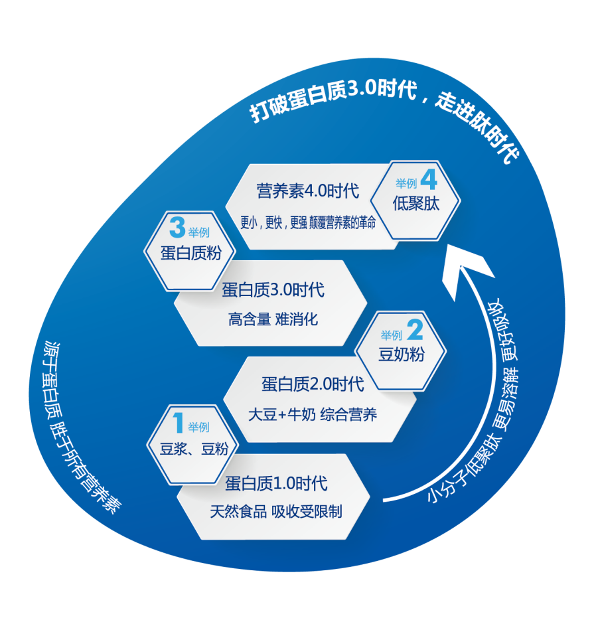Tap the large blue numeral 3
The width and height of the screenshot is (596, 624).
pos(177,230)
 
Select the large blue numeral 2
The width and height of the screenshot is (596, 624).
pos(414,330)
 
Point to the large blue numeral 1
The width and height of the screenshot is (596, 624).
pos(178,423)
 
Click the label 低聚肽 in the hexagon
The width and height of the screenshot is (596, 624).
pos(416,204)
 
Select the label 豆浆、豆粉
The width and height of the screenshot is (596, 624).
pos(194,449)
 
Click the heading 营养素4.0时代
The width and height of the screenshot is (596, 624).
pos(308,192)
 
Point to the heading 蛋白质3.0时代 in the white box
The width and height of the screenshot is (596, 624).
pos(273,290)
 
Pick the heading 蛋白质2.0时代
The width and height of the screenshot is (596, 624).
pos(313,384)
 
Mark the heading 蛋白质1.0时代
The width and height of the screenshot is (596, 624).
pos(276,483)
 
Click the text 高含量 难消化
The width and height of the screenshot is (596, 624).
pos(273,319)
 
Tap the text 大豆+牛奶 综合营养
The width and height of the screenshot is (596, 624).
pos(313,415)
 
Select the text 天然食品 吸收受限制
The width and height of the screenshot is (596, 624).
pos(276,511)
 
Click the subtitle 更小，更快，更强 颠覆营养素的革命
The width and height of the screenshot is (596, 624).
pos(308,223)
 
